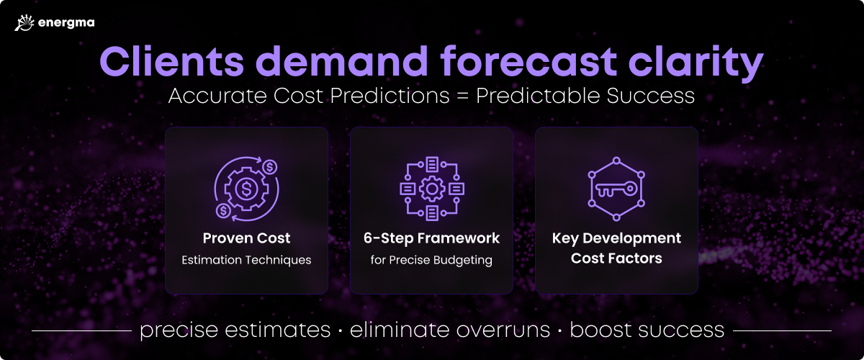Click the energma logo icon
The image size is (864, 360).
click(24, 23)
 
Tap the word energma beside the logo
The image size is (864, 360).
click(66, 23)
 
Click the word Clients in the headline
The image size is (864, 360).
click(172, 61)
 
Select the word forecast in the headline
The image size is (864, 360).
click(528, 61)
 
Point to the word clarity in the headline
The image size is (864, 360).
click(696, 63)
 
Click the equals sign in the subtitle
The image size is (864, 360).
click(462, 96)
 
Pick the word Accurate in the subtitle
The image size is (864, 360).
click(217, 96)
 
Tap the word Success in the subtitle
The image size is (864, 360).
click(650, 96)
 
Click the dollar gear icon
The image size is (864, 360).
click(247, 189)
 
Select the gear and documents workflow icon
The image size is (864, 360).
click(432, 189)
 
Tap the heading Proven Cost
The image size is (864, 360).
click(246, 238)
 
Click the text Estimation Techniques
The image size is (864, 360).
click(246, 260)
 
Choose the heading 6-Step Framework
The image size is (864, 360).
click(431, 238)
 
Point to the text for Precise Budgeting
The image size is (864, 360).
click(431, 260)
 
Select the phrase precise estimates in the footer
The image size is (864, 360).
click(235, 330)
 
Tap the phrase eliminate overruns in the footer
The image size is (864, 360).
click(450, 330)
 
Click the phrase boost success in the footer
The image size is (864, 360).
click(647, 330)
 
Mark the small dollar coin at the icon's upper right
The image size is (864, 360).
click(270, 167)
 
